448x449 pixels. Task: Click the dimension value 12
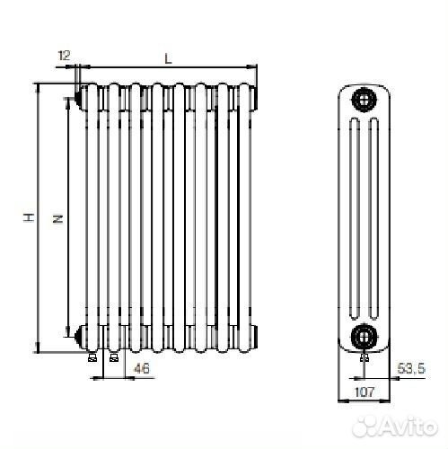point(64,56)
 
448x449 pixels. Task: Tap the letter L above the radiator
point(169,58)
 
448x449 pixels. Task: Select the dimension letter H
point(29,217)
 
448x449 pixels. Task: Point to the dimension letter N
point(57,219)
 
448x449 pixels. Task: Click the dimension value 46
point(141,368)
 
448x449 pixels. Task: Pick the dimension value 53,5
point(411,368)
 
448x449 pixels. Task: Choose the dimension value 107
point(365,392)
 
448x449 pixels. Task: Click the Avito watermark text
point(394,426)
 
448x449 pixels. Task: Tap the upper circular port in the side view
point(364,100)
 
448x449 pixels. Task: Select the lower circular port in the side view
point(364,336)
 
